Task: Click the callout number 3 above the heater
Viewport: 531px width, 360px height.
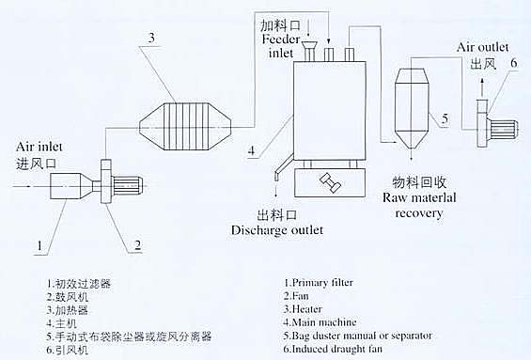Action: (151, 38)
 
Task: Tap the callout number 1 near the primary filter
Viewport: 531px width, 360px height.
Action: (40, 244)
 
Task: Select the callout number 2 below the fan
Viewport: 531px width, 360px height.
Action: (137, 244)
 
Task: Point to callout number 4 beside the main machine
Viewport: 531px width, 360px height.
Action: (251, 150)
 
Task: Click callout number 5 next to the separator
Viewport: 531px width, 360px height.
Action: (445, 118)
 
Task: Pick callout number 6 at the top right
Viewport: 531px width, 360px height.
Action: (514, 63)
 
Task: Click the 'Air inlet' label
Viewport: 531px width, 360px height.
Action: (39, 147)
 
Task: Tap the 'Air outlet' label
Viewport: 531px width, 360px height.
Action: (483, 47)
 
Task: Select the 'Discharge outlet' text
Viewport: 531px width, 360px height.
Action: (277, 230)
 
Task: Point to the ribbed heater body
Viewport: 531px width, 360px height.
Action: (185, 126)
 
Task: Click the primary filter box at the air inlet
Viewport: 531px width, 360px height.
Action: (67, 186)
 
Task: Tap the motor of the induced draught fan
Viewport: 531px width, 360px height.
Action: (504, 130)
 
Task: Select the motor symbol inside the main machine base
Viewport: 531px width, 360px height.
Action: (330, 183)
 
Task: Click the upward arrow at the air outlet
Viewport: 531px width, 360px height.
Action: (482, 87)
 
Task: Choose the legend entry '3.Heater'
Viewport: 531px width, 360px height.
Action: (303, 309)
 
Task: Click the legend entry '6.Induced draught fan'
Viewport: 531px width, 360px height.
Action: (333, 349)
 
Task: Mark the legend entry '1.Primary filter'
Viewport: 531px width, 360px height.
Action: (319, 283)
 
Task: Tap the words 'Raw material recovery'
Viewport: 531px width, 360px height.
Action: (419, 205)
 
